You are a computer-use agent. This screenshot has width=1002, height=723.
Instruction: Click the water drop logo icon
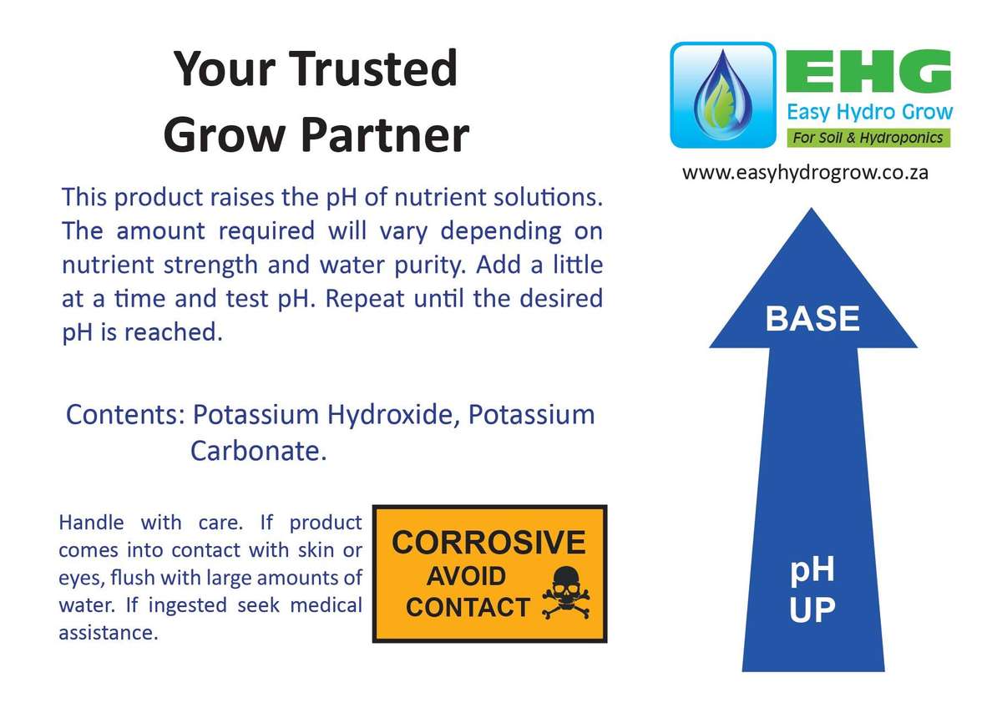(722, 95)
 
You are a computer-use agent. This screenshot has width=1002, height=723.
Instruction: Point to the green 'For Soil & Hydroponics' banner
(868, 138)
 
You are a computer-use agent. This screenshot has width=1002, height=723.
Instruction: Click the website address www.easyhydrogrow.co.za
(805, 173)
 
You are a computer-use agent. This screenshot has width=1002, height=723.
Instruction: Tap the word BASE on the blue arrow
(812, 319)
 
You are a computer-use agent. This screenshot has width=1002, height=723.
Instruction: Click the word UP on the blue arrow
(812, 610)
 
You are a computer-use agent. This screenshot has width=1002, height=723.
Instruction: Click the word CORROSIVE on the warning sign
(488, 543)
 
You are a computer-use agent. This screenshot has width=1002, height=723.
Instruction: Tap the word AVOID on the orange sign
(466, 576)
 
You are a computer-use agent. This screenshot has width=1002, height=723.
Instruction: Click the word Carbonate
(256, 452)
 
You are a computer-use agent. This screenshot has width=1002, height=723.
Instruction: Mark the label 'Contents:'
(124, 415)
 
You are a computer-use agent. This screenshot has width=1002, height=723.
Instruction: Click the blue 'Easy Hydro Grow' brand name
(868, 112)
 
